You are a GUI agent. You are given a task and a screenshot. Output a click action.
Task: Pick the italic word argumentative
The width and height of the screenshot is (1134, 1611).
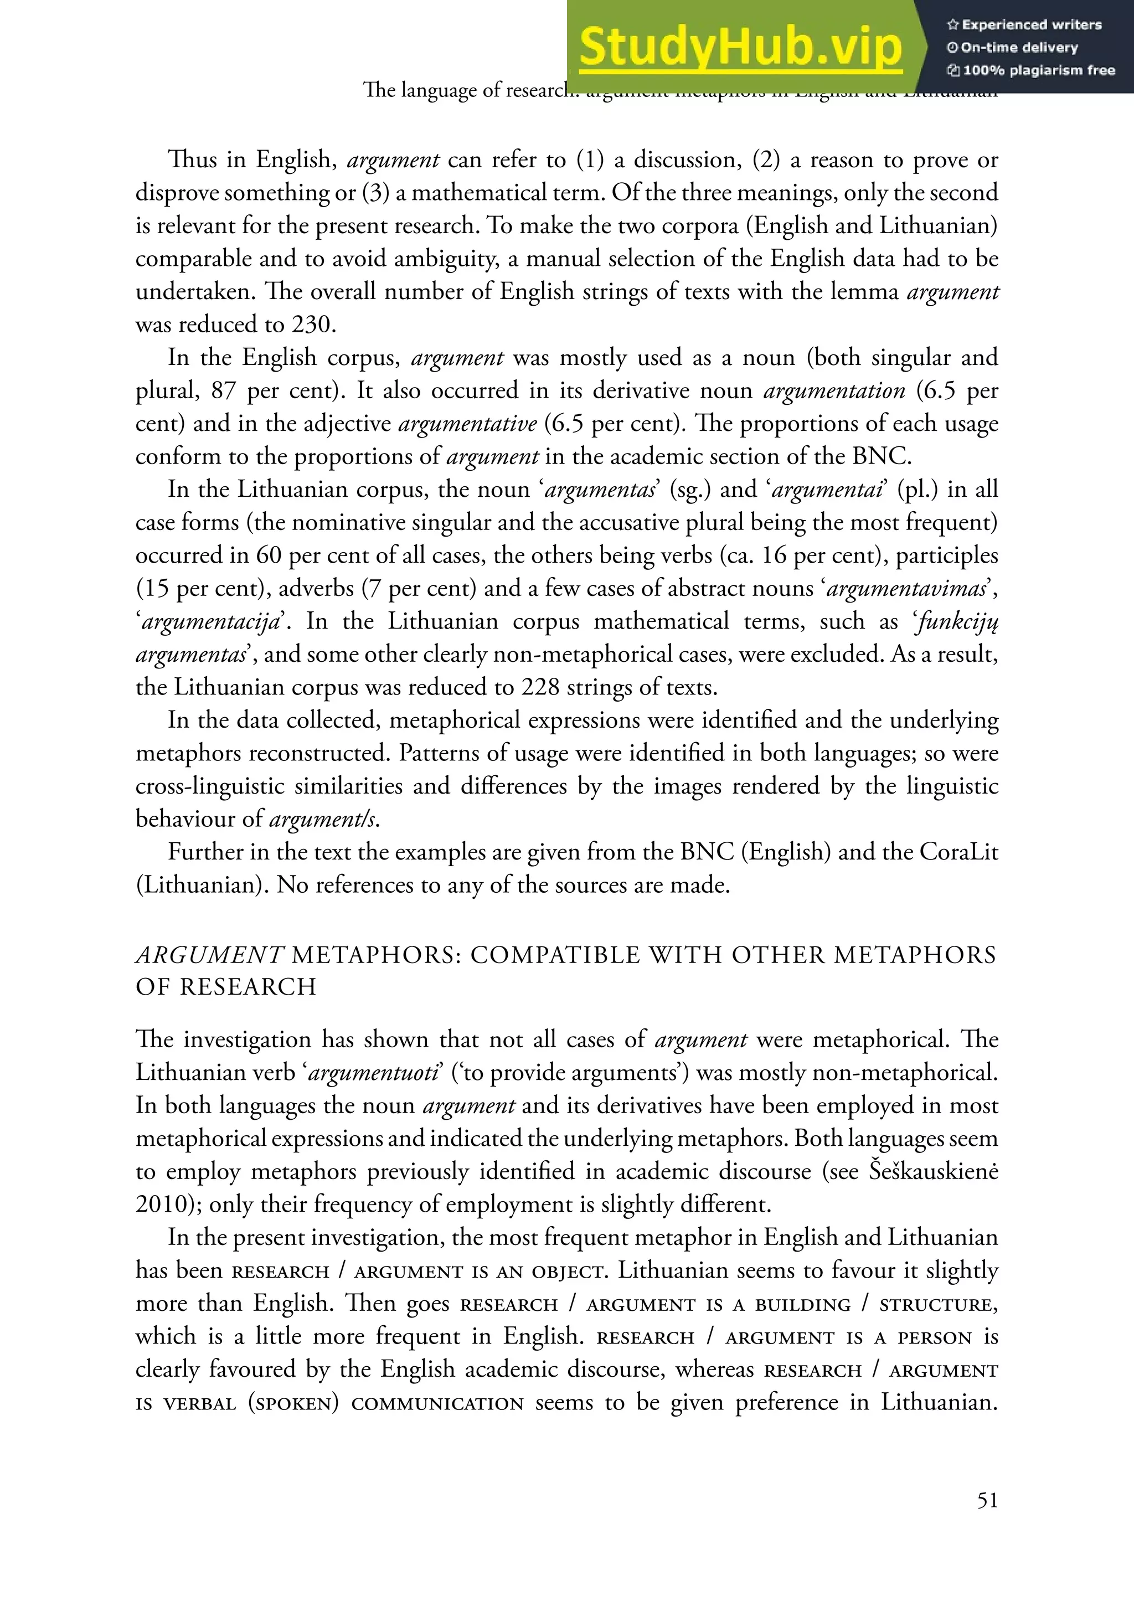(467, 424)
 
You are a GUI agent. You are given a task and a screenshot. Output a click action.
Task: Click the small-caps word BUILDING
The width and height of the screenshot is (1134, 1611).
(803, 1304)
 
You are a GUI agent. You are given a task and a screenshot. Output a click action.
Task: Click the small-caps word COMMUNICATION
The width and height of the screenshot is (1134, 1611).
(437, 1403)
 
